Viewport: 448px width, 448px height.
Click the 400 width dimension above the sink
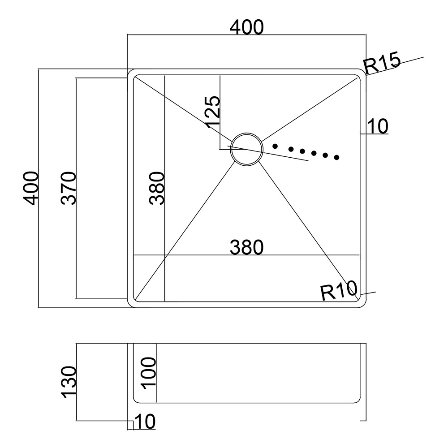pyautogui.click(x=246, y=27)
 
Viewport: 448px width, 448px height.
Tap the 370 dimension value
pyautogui.click(x=69, y=188)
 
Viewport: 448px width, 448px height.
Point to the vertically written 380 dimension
pyautogui.click(x=157, y=188)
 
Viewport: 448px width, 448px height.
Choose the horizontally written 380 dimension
pyautogui.click(x=246, y=247)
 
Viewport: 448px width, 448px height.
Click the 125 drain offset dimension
pyautogui.click(x=213, y=110)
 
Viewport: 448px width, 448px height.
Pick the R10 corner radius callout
pyautogui.click(x=338, y=292)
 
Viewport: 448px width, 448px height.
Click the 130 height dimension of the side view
pyautogui.click(x=69, y=382)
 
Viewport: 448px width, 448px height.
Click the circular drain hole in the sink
pyautogui.click(x=246, y=149)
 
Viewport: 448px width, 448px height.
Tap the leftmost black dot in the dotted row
pyautogui.click(x=275, y=146)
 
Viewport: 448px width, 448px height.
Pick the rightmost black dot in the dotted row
pyautogui.click(x=337, y=157)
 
